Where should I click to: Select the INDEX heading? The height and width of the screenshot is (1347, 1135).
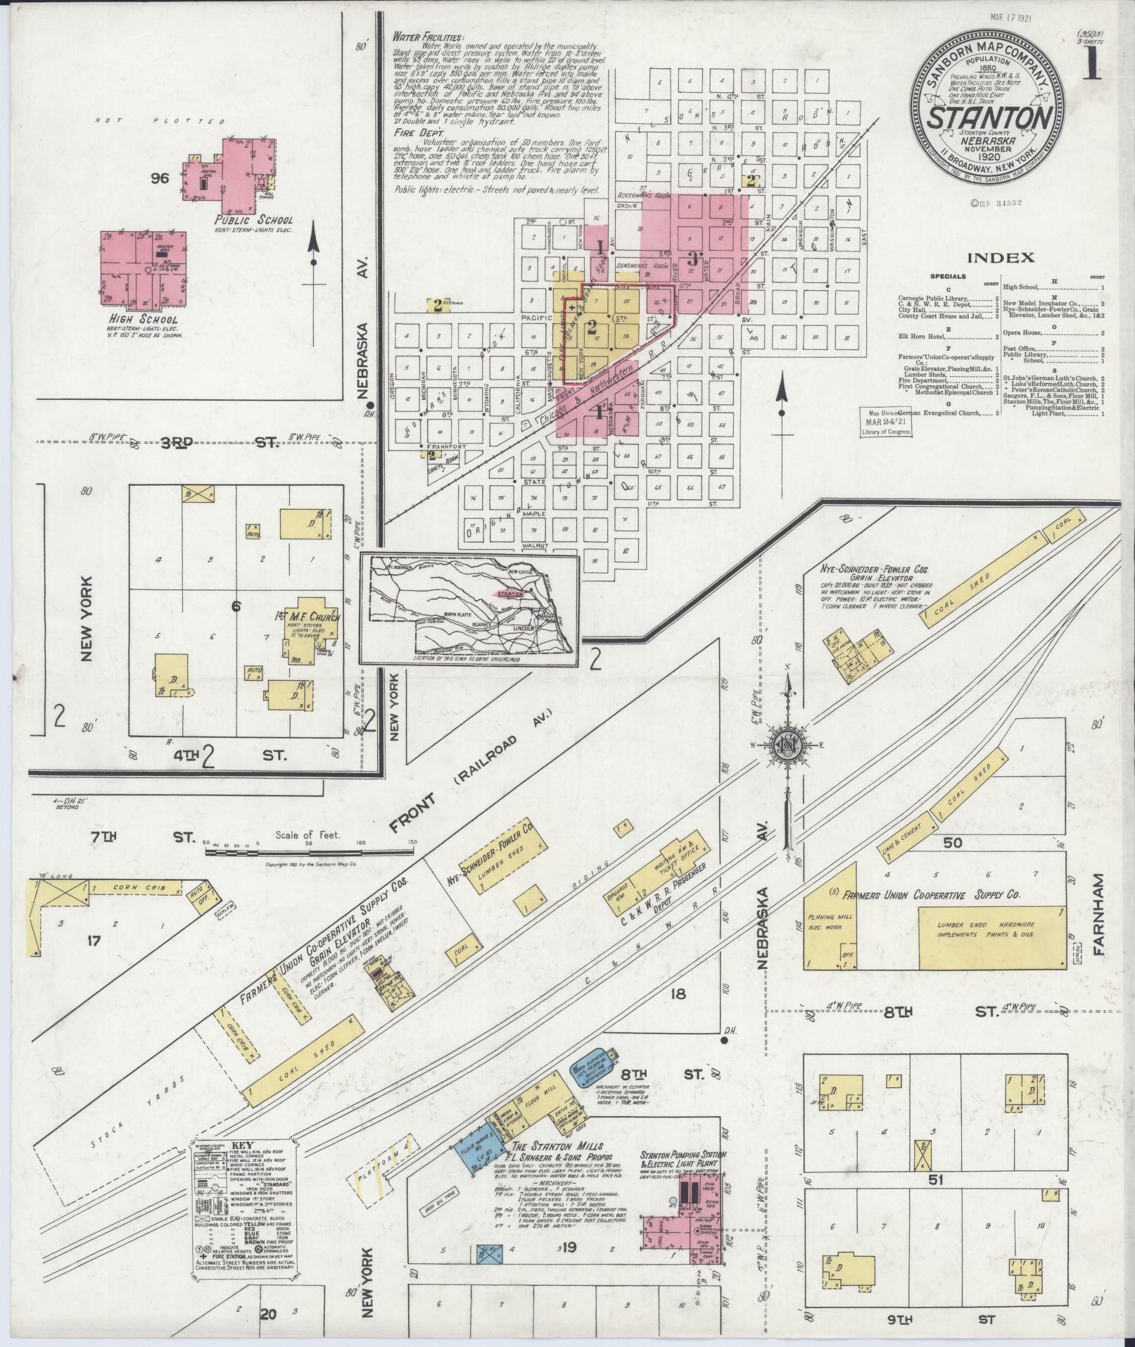[1001, 258]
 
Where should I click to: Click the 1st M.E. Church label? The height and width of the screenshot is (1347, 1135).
[307, 618]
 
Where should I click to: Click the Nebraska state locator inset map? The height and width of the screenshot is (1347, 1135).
[469, 608]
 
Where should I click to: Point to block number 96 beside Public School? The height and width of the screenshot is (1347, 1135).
[159, 178]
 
